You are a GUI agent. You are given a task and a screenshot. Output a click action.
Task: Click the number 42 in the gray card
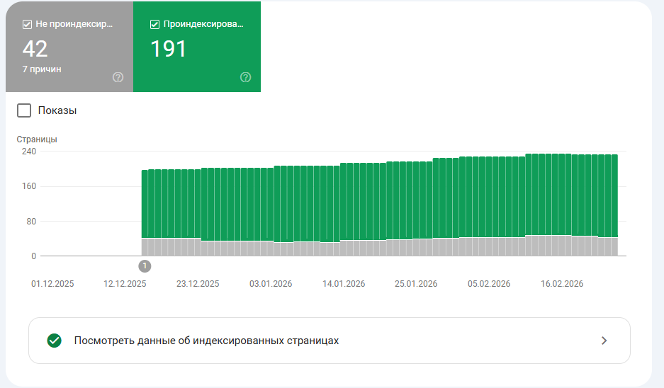coord(35,49)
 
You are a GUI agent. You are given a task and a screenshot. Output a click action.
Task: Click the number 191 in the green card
coord(169,49)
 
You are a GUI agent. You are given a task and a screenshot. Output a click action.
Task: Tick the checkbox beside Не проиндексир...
coord(27,24)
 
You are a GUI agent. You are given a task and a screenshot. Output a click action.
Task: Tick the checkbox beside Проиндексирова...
coord(154,24)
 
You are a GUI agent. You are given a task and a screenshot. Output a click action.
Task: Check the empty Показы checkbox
coord(24,110)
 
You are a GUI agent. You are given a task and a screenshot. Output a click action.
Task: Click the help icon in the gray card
coord(118,77)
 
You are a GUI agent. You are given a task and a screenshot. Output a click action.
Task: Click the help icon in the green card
coord(245,77)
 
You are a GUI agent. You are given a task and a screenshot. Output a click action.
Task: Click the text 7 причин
coord(41,69)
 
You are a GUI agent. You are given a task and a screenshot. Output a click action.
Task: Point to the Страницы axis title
coord(37,139)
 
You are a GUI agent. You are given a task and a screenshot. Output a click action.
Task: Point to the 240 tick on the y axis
coord(28,152)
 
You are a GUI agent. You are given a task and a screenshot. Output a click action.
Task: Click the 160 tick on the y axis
coord(28,186)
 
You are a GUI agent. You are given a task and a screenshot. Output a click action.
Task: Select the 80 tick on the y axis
coord(30,221)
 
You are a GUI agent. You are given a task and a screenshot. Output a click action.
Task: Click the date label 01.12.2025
coord(52,284)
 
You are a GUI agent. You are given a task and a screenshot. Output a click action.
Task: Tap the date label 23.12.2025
coord(198,284)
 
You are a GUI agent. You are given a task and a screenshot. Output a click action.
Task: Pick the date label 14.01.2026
coord(344,284)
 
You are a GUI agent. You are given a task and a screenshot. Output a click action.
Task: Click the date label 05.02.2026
coord(489,284)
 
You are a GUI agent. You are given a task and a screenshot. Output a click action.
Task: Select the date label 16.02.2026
coord(562,284)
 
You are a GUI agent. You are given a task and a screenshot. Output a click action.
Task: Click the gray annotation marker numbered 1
coord(145,266)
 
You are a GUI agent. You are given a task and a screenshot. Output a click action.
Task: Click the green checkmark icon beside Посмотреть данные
coord(54,341)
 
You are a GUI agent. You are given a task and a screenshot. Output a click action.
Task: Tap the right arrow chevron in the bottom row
coord(604,341)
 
